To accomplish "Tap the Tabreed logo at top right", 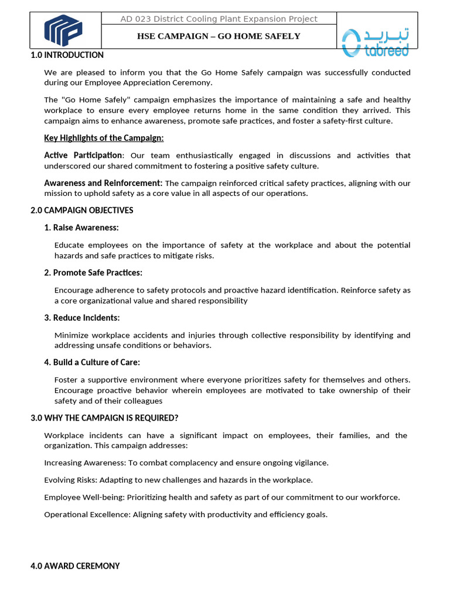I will click(x=375, y=42).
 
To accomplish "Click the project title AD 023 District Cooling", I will click(x=219, y=19).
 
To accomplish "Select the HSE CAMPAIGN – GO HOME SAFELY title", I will click(x=219, y=36).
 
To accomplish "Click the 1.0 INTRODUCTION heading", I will click(x=67, y=55).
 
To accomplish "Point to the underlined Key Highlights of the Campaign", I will click(x=104, y=138).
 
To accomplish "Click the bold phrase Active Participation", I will click(x=83, y=156).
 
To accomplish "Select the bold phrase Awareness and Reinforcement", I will click(x=103, y=183).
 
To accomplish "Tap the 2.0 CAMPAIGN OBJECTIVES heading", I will click(x=82, y=210).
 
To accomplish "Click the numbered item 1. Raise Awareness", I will click(x=81, y=228).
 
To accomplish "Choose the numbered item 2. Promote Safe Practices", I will click(x=93, y=273).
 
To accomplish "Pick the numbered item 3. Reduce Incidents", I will click(x=82, y=318).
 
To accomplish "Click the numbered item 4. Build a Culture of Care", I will click(x=92, y=362).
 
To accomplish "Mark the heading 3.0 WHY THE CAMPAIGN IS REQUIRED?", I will click(x=104, y=418).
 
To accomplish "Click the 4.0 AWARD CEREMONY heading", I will click(x=75, y=566).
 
